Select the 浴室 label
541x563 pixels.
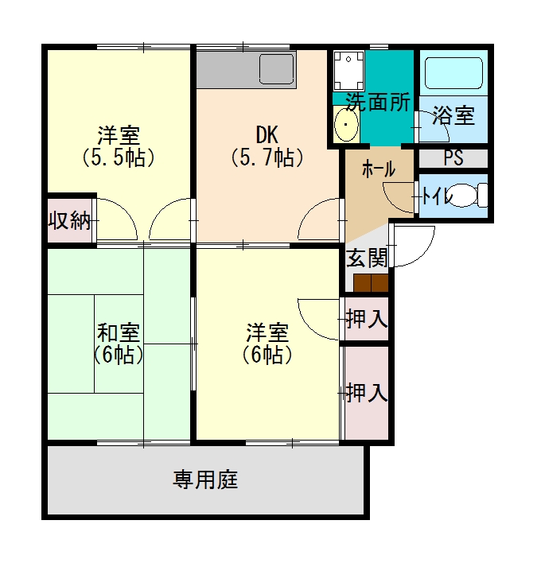tap(453, 117)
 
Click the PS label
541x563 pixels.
tap(453, 157)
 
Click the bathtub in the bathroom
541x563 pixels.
tap(453, 74)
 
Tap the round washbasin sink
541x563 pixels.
tap(346, 126)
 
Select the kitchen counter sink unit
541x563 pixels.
tap(246, 70)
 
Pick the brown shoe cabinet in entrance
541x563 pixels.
tap(371, 282)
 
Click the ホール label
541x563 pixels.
tap(378, 169)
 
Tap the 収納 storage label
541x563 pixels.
tap(69, 220)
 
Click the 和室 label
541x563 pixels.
tap(119, 331)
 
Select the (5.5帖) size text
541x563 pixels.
tap(118, 157)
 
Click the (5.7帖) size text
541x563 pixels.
tap(267, 157)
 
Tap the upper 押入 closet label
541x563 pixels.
tap(366, 319)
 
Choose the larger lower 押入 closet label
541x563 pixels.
tap(366, 392)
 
